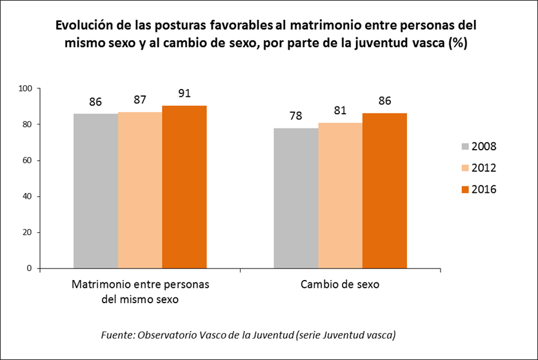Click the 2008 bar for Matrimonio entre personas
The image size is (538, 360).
tap(95, 191)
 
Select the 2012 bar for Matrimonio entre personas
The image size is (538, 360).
tap(140, 190)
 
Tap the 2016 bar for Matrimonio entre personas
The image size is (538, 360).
tap(184, 187)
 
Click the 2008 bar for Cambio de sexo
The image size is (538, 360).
tap(296, 198)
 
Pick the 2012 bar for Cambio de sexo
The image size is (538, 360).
tap(341, 195)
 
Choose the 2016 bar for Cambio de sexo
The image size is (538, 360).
tap(384, 191)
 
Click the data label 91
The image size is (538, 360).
tap(184, 92)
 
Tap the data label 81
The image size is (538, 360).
tap(341, 110)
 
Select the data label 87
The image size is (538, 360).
tap(140, 100)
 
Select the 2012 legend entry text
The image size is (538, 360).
tap(484, 168)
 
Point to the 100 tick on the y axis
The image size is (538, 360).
tap(26, 88)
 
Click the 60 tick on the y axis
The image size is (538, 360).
tap(28, 161)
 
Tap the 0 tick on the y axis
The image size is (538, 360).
tap(30, 268)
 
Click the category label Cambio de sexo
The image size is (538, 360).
tap(341, 285)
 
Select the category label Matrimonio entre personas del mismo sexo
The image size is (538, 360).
tap(140, 292)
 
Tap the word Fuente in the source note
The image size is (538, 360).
tap(117, 335)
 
